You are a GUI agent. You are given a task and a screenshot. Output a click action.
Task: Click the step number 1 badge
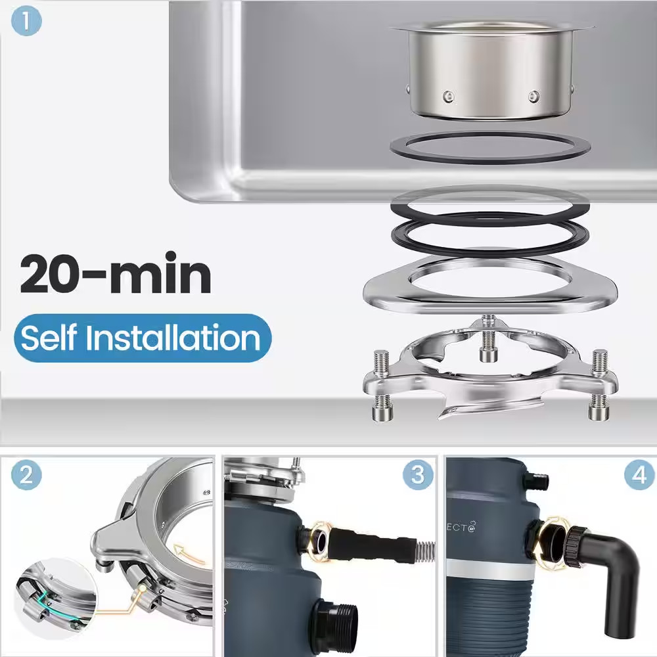click(x=26, y=22)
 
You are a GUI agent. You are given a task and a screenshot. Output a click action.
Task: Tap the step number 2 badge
click(x=26, y=475)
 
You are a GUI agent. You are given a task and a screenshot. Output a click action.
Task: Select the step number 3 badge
click(x=418, y=475)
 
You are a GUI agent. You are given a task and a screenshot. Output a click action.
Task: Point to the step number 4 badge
click(x=639, y=475)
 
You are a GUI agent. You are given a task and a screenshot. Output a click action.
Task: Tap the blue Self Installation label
click(x=142, y=338)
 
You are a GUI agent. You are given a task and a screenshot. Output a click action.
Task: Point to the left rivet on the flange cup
click(x=447, y=97)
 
